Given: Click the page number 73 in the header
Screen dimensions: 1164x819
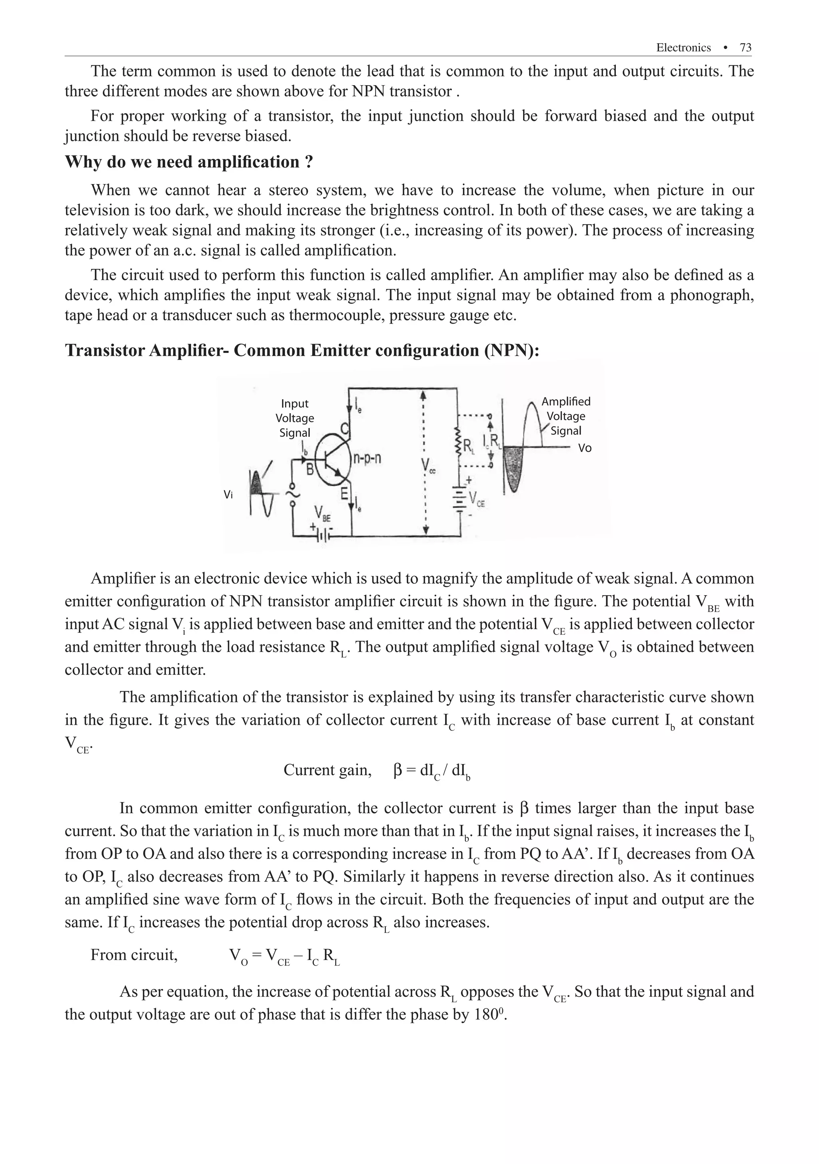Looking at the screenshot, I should click(745, 48).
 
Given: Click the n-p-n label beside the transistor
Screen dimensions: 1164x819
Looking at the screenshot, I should click(367, 459).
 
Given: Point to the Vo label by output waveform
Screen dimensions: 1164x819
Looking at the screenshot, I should click(584, 448).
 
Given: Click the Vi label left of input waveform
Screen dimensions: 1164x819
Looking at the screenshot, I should click(228, 495).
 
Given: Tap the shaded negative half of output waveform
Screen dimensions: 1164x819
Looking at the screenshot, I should click(514, 466).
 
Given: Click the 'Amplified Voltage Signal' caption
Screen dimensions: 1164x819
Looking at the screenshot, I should click(565, 416).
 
